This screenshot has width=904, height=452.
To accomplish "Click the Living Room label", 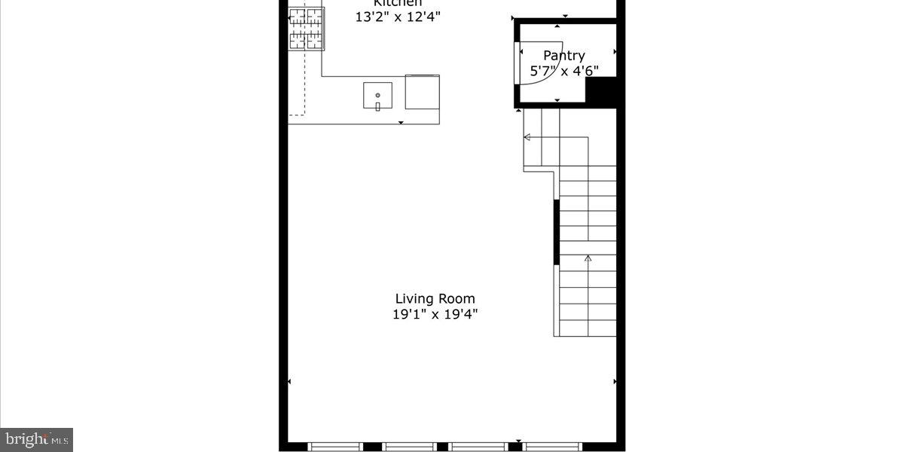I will coord(435,299).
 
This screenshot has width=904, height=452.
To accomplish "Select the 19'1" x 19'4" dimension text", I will coord(435,315).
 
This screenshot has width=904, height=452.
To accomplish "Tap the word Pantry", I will coord(564,56).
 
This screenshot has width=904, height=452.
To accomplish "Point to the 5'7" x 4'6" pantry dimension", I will coord(564,72).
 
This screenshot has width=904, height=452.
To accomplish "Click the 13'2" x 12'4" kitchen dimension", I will coord(398,16).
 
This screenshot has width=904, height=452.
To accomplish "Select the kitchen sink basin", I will coord(377,95).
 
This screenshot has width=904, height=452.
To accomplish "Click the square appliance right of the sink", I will coord(422,92).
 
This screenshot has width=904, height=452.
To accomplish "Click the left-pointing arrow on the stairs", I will coord(527,137).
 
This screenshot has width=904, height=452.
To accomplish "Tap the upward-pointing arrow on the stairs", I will coord(588,259).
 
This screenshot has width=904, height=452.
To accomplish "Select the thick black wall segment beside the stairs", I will coord(557,232).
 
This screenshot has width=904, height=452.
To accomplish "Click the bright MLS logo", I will coord(37,438).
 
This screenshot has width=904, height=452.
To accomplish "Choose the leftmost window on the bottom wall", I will coord(336,447).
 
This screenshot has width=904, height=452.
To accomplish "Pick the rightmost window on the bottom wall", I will coord(551,447).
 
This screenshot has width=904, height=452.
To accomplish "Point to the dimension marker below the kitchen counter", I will coord(401,122).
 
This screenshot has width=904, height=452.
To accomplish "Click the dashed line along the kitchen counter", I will coord(305,83).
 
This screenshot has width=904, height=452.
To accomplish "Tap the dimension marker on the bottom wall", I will coord(518,441).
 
